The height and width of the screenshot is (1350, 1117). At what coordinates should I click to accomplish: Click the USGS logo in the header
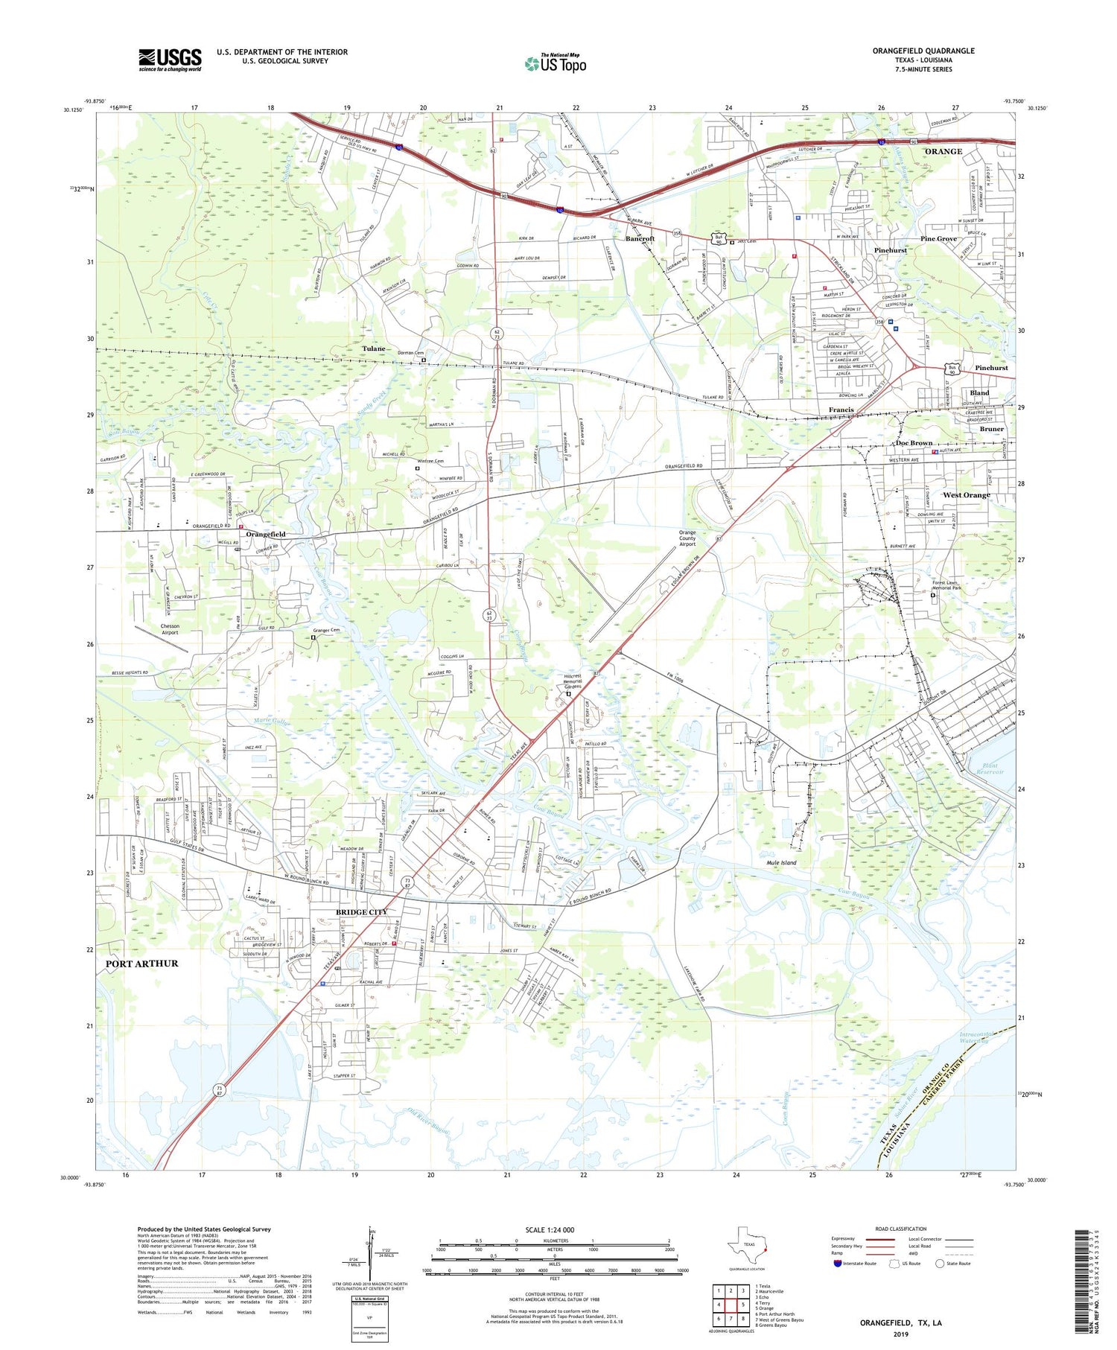(x=170, y=60)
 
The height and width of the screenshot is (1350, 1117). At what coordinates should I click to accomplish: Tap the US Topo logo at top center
(x=555, y=64)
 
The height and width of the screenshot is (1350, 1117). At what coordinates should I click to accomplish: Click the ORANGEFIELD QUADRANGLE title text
(x=923, y=51)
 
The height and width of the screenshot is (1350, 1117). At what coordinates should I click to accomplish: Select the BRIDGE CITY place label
(x=361, y=912)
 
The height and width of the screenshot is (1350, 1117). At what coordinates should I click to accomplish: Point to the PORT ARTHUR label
(x=141, y=964)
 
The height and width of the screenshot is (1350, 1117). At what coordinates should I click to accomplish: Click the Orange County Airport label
(x=687, y=538)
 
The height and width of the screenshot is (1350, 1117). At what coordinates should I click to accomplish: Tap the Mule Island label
(x=781, y=862)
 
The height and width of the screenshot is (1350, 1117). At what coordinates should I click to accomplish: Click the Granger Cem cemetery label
(x=325, y=630)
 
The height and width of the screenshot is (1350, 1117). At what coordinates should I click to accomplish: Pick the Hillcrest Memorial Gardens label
(x=572, y=681)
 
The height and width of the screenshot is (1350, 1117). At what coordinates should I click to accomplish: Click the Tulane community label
(x=374, y=348)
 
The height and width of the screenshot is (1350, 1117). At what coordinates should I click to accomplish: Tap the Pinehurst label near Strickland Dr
(x=890, y=251)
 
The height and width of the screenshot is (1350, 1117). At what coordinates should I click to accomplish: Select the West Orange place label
(x=966, y=495)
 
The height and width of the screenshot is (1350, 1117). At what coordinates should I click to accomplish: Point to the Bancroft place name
(x=640, y=239)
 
